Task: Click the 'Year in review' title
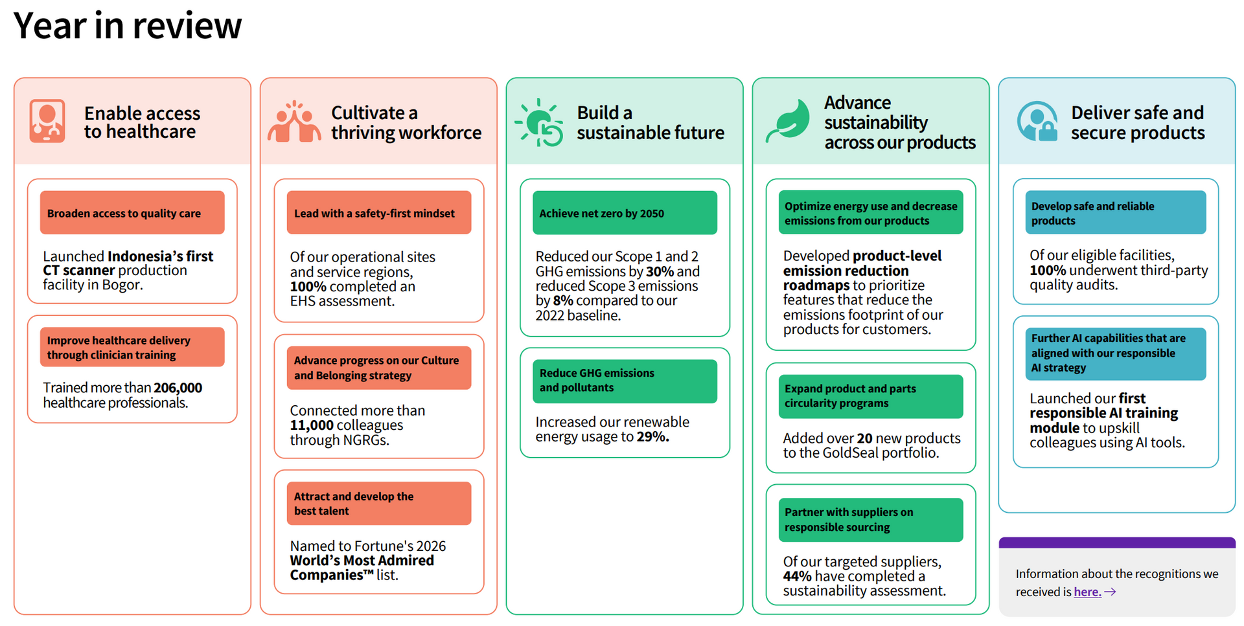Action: coord(128,26)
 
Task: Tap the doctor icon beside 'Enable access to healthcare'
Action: coord(47,121)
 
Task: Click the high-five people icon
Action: coord(294,121)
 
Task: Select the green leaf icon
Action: coord(788,121)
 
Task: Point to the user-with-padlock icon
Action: coord(1037,121)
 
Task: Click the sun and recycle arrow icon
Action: coord(539,122)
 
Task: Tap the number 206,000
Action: coord(178,388)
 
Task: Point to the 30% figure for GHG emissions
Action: coord(660,272)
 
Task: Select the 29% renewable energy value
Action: coord(652,437)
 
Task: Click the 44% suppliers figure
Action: coord(797,576)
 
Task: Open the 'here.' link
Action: coord(1087,592)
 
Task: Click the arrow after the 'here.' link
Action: coord(1110,592)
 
